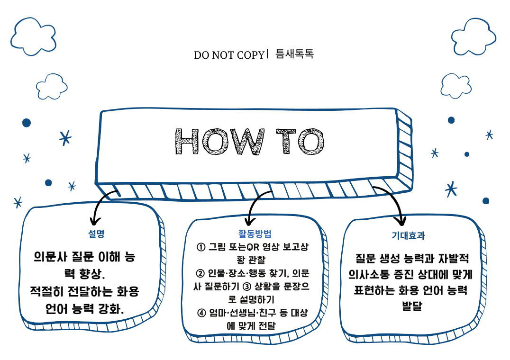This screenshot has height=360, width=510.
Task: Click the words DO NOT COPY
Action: [x=228, y=55]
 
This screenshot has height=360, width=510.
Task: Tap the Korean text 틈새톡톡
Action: [x=294, y=54]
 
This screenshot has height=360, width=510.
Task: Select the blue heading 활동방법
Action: [x=255, y=234]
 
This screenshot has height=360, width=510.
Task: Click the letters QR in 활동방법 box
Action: [x=245, y=247]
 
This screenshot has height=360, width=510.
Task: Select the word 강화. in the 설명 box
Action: [x=112, y=309]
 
